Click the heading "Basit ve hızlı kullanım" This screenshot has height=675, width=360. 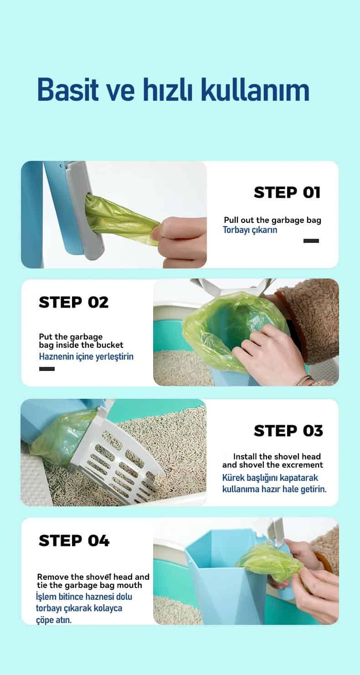click(174, 90)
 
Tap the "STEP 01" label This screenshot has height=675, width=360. click(287, 192)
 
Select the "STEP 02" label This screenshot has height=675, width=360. click(73, 302)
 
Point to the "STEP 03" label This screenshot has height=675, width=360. click(288, 431)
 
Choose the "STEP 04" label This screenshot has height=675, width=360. click(74, 541)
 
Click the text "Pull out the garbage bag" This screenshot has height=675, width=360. click(273, 220)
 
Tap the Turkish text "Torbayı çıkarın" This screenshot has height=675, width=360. click(250, 230)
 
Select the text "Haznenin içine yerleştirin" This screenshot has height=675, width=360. click(86, 356)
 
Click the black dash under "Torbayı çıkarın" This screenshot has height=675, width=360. click(311, 241)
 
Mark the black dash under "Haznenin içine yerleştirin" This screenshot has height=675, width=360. click(47, 369)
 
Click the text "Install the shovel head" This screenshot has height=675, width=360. click(277, 457)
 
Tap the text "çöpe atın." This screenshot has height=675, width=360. click(54, 620)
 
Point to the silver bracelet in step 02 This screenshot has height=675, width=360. click(304, 380)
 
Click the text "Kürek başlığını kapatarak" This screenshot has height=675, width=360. click(270, 478)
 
